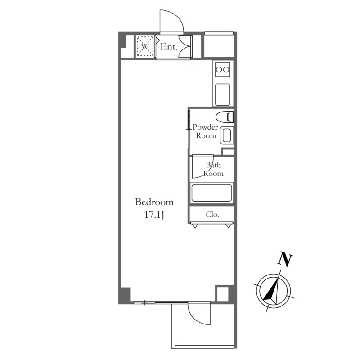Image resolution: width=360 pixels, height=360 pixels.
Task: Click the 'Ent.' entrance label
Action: (169, 47)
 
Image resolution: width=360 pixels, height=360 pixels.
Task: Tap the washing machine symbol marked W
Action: (145, 47)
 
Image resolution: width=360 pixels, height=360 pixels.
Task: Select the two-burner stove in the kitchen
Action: (222, 69)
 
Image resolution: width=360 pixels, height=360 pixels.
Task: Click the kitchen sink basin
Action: (222, 94)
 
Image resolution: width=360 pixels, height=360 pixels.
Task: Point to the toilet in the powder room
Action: (225, 117)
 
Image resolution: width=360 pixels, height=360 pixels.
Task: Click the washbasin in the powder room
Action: (227, 135)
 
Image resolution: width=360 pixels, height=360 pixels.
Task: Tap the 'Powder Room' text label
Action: (205, 131)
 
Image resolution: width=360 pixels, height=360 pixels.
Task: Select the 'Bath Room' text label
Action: (213, 169)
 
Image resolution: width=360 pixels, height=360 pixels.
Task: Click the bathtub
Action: (211, 193)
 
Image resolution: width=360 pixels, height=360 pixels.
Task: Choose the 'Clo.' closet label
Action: (212, 215)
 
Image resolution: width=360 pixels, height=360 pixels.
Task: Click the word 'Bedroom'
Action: (154, 202)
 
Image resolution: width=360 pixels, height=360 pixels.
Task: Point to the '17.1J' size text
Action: (154, 215)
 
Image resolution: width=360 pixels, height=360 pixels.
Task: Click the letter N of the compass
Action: (284, 260)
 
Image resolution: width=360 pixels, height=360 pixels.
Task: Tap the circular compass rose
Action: (273, 291)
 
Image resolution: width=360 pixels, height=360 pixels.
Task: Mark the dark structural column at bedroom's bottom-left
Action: (125, 296)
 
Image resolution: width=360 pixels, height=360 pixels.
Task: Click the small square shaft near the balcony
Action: (222, 293)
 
